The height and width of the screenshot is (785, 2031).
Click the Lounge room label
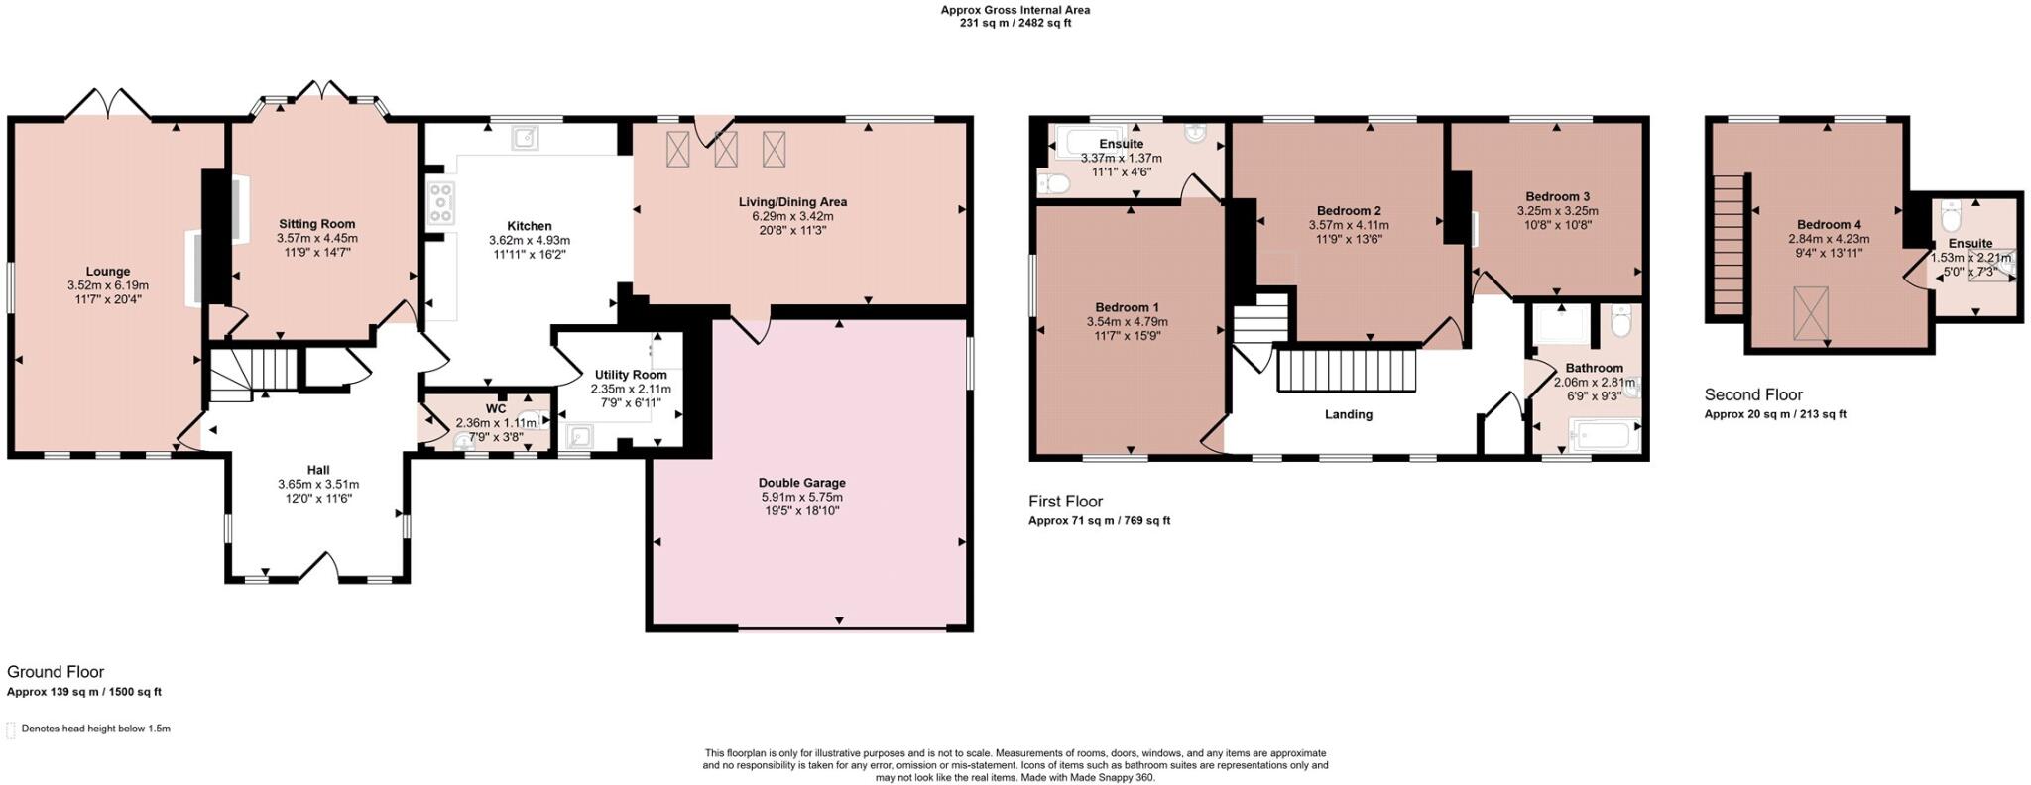coord(108,271)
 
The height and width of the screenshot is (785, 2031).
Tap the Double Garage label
coord(802,483)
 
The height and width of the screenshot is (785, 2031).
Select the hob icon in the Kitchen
coord(440,203)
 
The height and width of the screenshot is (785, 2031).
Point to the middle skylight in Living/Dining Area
coord(727,149)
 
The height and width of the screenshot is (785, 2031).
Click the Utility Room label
coord(630,375)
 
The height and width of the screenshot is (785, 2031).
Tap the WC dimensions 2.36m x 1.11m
coord(495,422)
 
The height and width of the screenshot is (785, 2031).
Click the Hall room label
coord(318,470)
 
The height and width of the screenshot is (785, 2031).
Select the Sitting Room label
coord(316,224)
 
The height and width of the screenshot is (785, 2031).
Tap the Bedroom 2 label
coord(1349,210)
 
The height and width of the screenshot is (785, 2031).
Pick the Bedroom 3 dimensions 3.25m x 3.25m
coord(1557,210)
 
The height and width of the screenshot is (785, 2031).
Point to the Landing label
coord(1349,414)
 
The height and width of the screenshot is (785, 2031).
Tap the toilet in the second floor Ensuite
coord(1951,215)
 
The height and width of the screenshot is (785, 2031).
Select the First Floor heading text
coord(1065,502)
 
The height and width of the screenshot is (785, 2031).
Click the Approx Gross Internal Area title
coord(1015,10)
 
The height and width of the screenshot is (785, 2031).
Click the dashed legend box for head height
coord(11,730)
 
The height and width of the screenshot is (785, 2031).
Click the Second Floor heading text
coord(1753,394)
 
